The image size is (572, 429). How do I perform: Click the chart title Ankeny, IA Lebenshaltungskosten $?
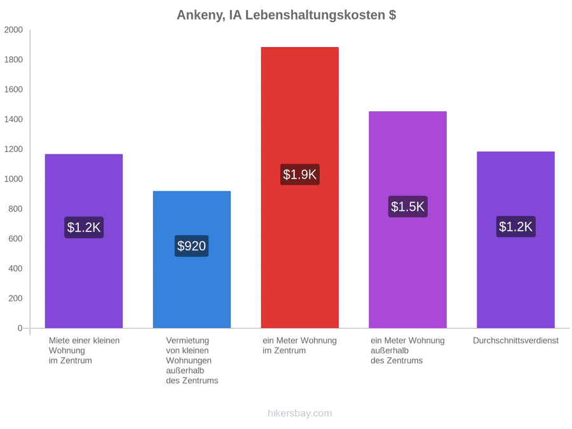point(287,15)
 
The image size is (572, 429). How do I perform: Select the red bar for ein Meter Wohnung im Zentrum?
point(300,187)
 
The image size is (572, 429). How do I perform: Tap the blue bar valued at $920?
point(192,259)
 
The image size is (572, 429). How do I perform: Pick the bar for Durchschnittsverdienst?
point(516,240)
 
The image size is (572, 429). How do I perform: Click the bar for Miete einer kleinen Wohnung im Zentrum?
point(84,241)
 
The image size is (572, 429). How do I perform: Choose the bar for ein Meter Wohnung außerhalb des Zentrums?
point(408,220)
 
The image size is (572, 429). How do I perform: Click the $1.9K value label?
point(300,174)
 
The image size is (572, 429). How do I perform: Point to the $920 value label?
point(191,246)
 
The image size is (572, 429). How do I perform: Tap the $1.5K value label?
point(408,207)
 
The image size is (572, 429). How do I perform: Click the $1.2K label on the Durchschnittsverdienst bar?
point(516,226)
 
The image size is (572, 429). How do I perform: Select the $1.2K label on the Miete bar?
point(84,228)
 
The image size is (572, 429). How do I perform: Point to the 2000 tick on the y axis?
point(13,29)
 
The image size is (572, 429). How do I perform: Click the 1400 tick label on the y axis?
point(13,119)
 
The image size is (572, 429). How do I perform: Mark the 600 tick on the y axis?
point(15,238)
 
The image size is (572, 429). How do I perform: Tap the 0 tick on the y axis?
point(20,328)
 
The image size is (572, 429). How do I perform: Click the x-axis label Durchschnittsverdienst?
point(516,341)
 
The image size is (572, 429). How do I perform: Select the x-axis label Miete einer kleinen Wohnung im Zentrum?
point(85,351)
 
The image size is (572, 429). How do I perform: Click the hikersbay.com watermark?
point(300,413)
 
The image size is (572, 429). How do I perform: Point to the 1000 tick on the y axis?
point(13,179)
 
